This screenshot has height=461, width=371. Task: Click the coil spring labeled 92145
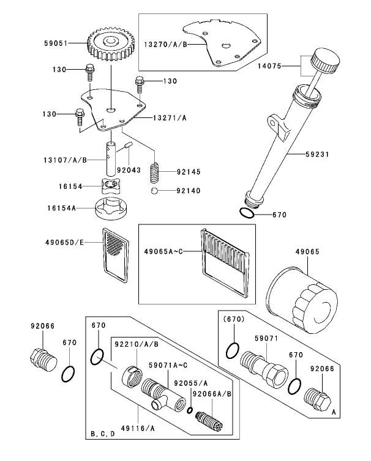tap(155, 172)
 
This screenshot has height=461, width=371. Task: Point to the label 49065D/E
tap(63, 242)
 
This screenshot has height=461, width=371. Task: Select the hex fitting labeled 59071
tap(264, 367)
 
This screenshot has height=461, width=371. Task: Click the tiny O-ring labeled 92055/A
tap(190, 409)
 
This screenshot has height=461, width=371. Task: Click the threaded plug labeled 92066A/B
tap(208, 419)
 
